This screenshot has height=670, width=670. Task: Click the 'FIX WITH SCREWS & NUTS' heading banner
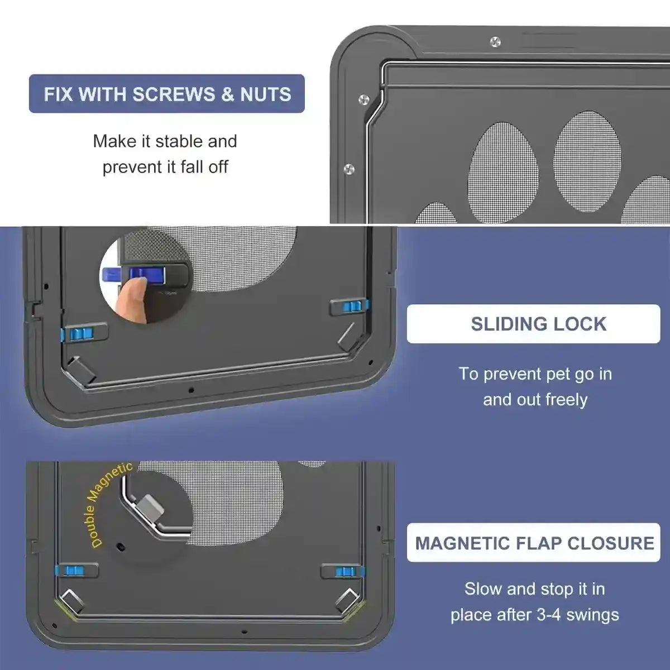[x=167, y=94]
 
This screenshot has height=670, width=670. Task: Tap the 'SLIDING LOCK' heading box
[x=533, y=324]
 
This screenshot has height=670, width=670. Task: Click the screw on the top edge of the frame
[x=495, y=42]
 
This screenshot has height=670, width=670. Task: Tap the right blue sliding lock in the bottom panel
[x=344, y=571]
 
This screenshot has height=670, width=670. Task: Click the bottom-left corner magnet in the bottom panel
[x=72, y=600]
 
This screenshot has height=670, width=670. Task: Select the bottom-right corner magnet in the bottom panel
[x=346, y=600]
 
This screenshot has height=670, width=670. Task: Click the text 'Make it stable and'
[x=165, y=141]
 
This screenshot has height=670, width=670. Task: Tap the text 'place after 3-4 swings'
[x=534, y=615]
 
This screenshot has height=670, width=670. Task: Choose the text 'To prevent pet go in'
[x=535, y=374]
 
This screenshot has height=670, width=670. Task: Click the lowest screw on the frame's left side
[x=350, y=168]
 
